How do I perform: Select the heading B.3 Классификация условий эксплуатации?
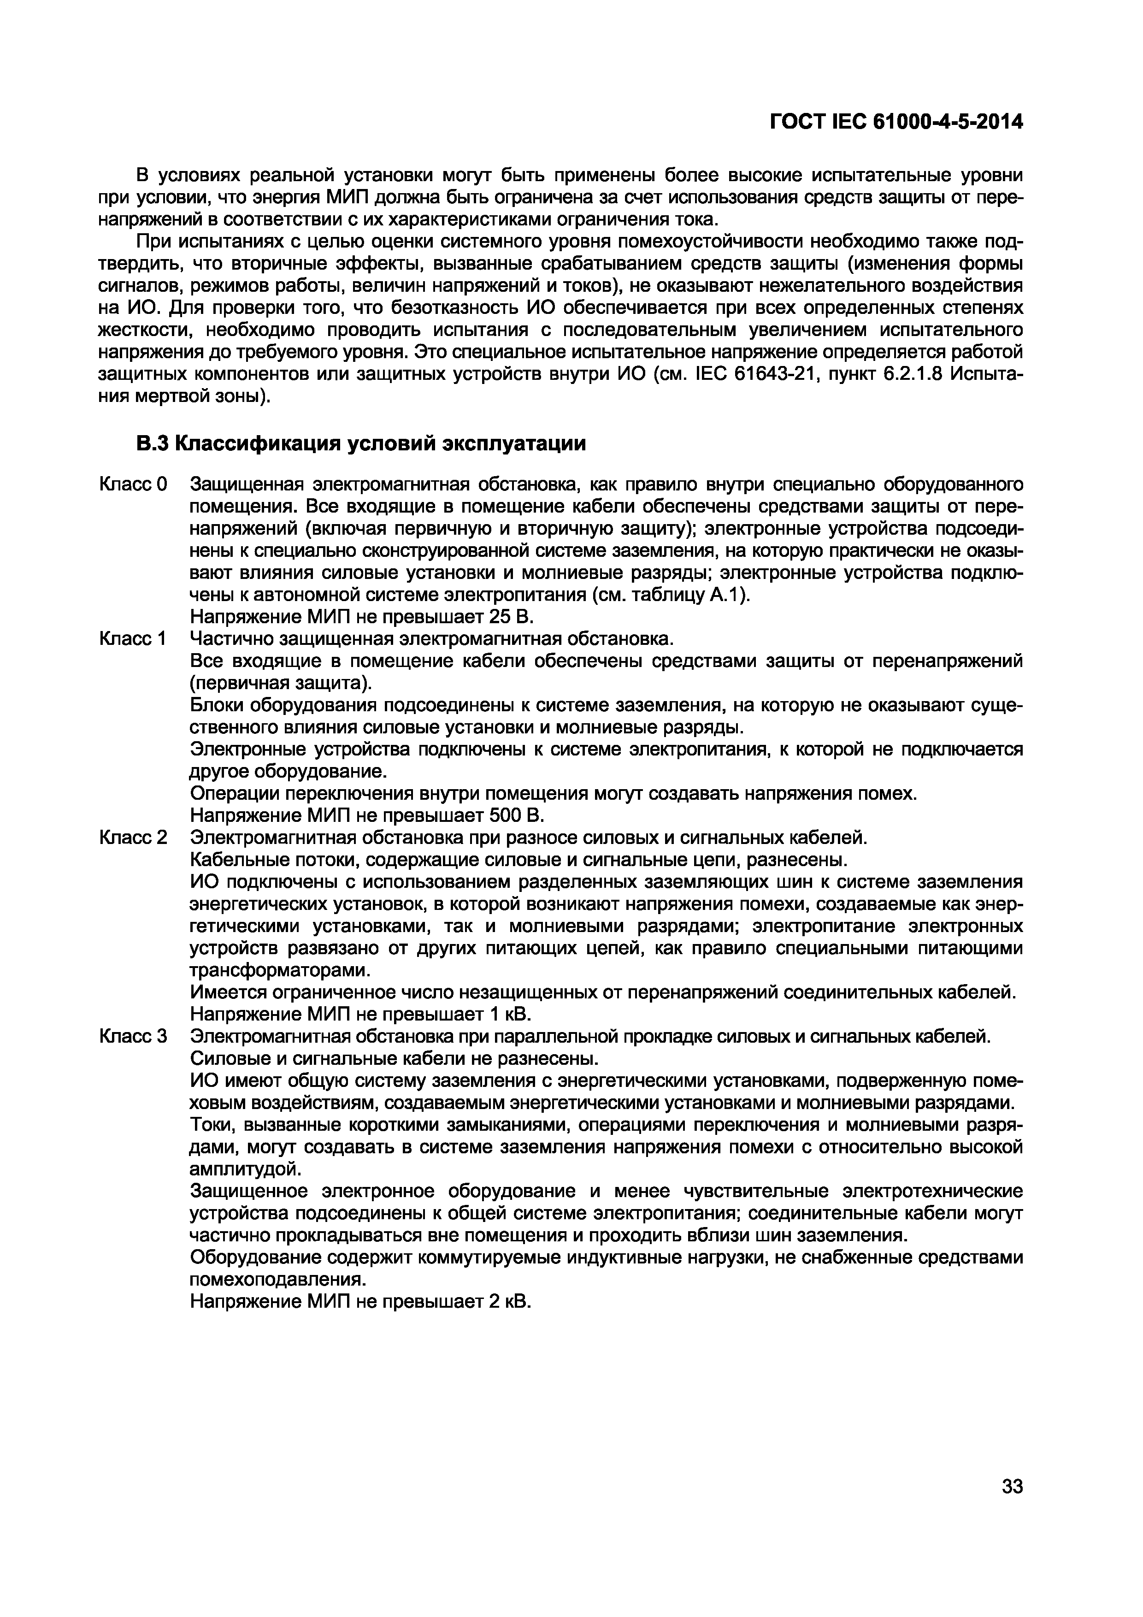point(361,444)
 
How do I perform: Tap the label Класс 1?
point(134,639)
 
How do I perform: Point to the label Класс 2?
point(134,838)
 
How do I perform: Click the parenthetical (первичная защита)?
point(282,683)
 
